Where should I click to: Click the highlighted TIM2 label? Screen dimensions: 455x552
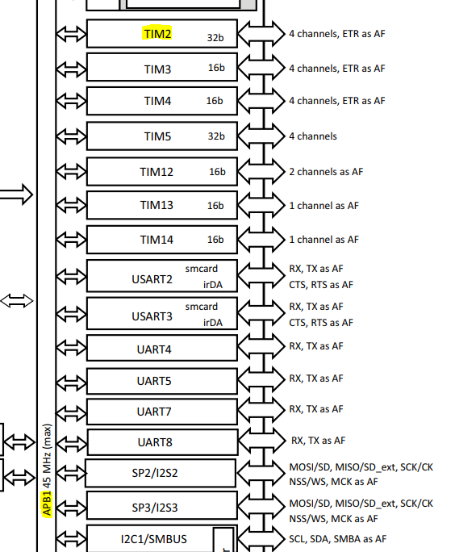(x=157, y=34)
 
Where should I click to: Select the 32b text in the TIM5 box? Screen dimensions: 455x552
(x=216, y=136)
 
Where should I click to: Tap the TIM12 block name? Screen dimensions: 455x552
(x=157, y=172)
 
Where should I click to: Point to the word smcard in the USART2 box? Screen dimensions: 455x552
(x=202, y=269)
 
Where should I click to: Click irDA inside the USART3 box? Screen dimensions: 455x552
(x=213, y=323)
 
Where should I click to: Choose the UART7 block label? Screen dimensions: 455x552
(x=154, y=412)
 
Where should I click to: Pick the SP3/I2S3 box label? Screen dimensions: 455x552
(x=155, y=508)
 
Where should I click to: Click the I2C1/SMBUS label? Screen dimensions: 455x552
(x=154, y=539)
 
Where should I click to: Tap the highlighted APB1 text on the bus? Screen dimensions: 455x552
(x=47, y=504)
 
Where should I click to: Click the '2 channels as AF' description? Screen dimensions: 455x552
(x=326, y=172)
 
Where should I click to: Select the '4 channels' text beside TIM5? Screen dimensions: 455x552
(x=313, y=136)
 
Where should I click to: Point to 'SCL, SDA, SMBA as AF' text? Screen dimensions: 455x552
(x=337, y=539)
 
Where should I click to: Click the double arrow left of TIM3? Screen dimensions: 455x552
(x=71, y=69)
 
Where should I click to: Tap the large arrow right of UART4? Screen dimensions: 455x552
(x=261, y=346)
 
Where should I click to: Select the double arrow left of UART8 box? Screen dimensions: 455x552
(x=72, y=442)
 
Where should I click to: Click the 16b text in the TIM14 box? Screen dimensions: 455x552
(x=215, y=240)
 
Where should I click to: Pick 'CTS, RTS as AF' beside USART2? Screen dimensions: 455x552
(x=321, y=284)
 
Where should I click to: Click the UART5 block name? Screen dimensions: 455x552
(x=154, y=381)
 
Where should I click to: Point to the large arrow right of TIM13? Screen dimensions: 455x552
(x=261, y=206)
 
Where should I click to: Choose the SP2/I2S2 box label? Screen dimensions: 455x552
(x=155, y=473)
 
